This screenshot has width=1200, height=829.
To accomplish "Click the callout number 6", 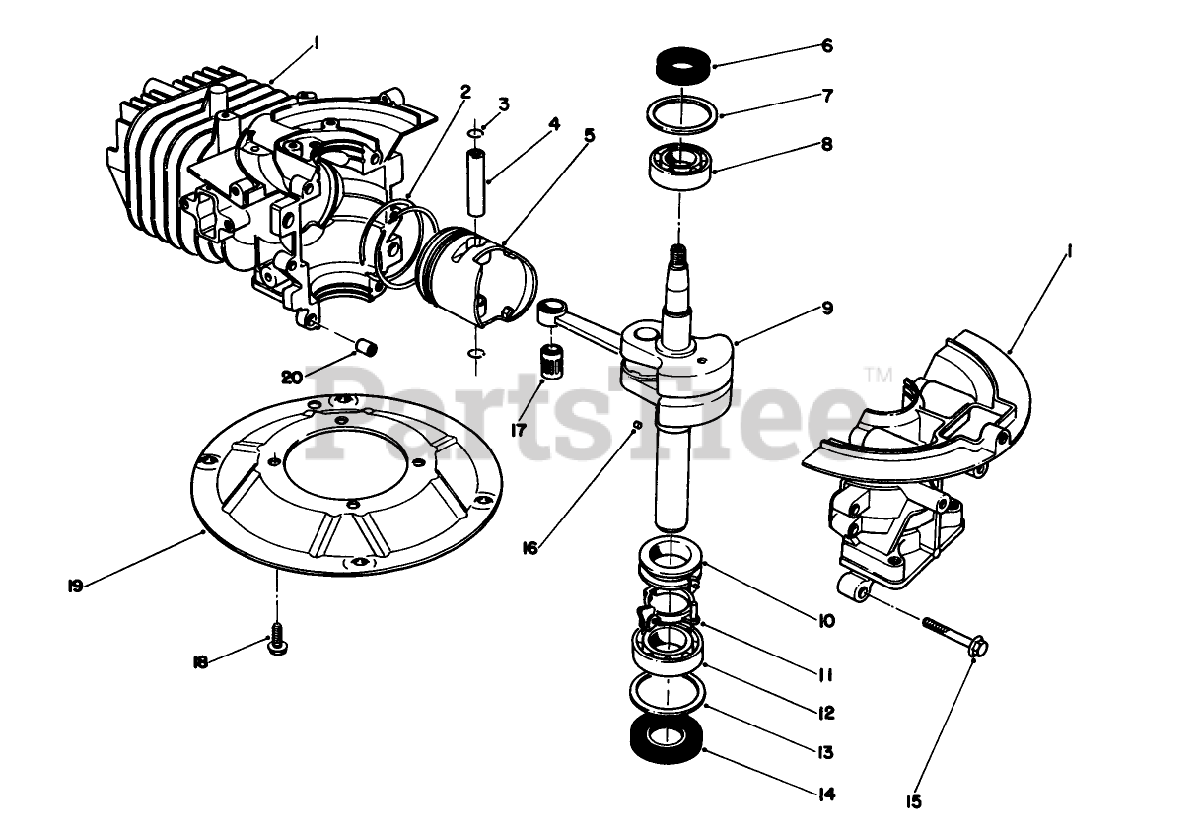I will coord(826,46).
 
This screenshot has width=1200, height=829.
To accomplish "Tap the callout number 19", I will coord(75,585).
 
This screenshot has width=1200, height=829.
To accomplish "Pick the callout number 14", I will coord(826,794).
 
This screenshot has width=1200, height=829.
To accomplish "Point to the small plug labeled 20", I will coord(369,347).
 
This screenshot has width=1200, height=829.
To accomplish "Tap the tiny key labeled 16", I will coord(638,425).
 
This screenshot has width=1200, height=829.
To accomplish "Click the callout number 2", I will coord(464,92).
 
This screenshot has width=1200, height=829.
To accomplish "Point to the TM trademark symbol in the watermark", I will coord(875,374).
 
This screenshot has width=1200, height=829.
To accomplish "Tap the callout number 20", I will coord(291,377).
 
